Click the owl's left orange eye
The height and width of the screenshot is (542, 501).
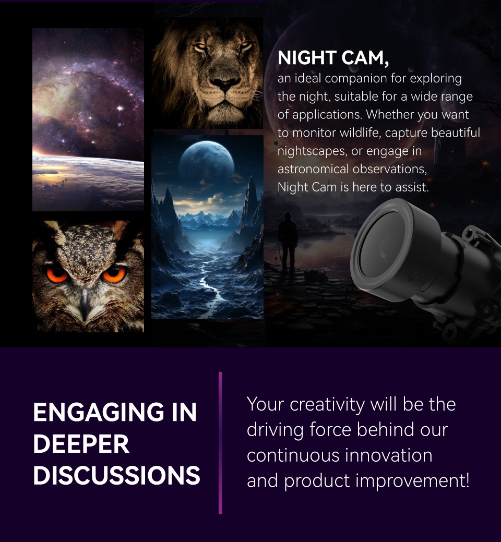[56, 274]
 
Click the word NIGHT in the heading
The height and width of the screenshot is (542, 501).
[306, 58]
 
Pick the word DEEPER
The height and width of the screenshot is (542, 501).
[81, 444]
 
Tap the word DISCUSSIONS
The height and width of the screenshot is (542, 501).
[116, 475]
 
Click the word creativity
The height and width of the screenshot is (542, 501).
[328, 404]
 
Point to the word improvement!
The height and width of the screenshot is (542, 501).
[412, 480]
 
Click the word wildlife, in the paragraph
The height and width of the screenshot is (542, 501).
[360, 133]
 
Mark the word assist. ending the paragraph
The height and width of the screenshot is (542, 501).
[412, 187]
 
